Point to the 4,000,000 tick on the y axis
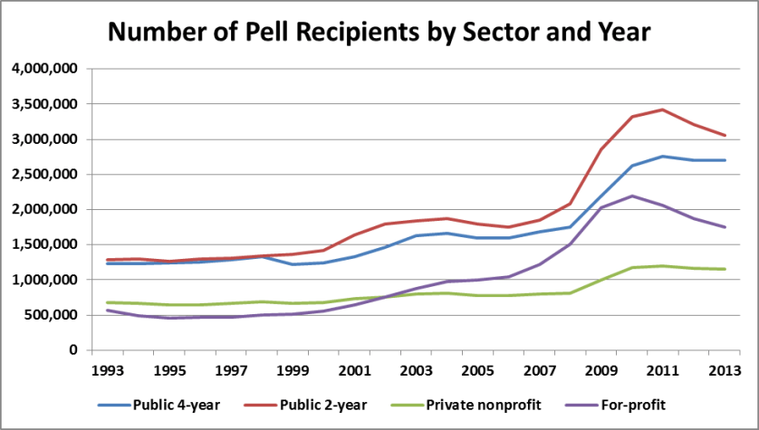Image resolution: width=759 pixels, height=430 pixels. (x=46, y=69)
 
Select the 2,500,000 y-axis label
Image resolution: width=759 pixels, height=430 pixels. (x=46, y=175)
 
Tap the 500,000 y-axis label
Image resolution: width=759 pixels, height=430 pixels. (x=53, y=315)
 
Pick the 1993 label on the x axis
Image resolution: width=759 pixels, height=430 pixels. (x=108, y=370)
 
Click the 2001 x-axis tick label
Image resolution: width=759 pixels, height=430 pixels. (x=356, y=370)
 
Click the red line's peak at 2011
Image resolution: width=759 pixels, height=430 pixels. (x=664, y=110)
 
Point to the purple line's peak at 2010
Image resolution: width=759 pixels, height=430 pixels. (x=633, y=196)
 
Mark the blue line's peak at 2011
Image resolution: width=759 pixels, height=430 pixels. (x=664, y=156)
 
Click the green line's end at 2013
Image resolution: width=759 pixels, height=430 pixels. (x=725, y=269)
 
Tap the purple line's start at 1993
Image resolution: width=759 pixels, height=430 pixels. (x=108, y=310)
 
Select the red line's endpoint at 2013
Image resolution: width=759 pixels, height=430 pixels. (x=725, y=135)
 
